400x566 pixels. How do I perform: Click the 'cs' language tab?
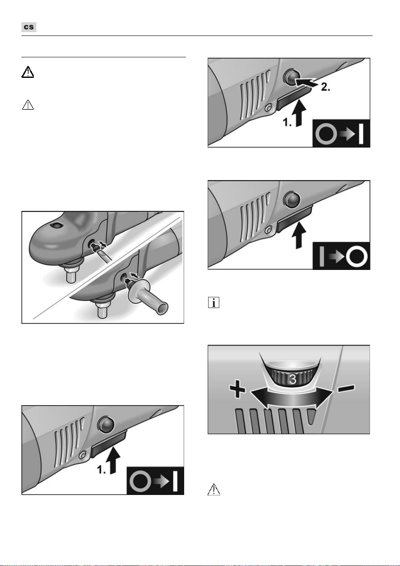(x=29, y=27)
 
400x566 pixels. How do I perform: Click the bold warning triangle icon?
(x=27, y=72)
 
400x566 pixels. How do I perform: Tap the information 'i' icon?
(x=214, y=302)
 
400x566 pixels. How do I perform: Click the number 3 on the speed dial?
(x=293, y=379)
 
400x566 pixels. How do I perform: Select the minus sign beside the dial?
(x=346, y=388)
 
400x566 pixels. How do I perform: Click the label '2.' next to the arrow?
(x=325, y=87)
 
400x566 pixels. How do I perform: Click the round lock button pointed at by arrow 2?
(x=292, y=76)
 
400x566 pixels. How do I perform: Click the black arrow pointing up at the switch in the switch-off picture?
(x=299, y=235)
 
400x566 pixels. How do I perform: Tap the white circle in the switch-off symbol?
(x=357, y=257)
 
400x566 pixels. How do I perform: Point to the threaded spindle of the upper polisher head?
(x=72, y=275)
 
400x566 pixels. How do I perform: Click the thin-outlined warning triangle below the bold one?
(x=28, y=105)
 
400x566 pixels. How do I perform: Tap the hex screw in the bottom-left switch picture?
(x=82, y=455)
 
